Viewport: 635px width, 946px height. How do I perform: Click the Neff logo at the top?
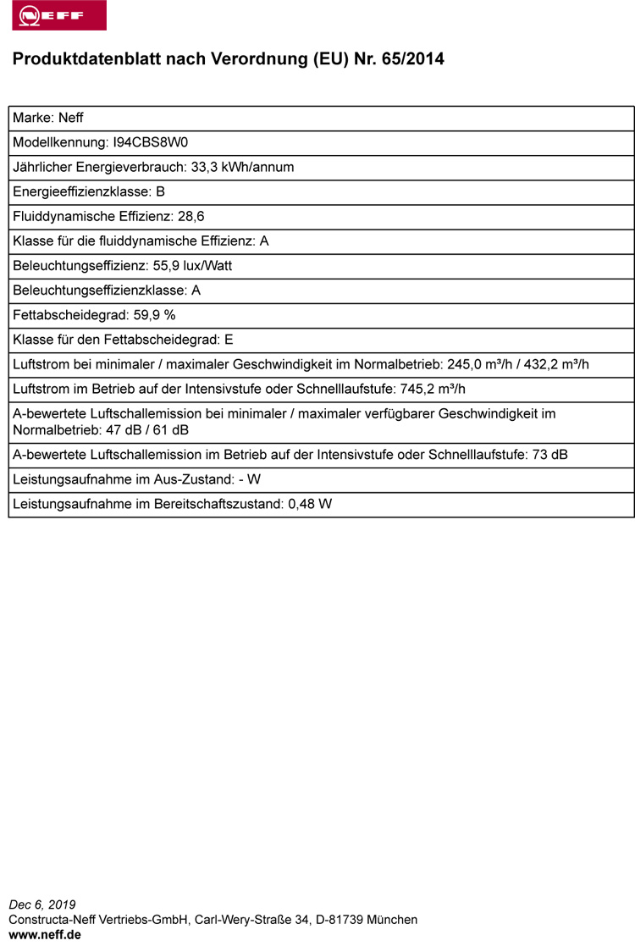pyautogui.click(x=59, y=15)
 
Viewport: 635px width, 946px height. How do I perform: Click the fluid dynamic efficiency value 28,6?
pyautogui.click(x=191, y=216)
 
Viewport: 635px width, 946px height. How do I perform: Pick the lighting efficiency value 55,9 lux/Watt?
pyautogui.click(x=192, y=265)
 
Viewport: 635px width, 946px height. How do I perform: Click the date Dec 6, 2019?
pyautogui.click(x=41, y=905)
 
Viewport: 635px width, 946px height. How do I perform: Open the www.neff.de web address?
pyautogui.click(x=45, y=934)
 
